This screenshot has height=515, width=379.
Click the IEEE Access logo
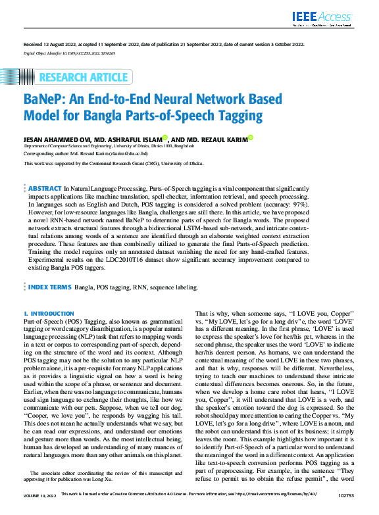tap(326, 18)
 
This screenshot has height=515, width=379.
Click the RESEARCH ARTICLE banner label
tap(84, 78)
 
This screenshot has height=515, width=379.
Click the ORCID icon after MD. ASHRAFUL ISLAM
tap(164, 138)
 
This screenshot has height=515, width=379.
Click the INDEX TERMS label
tap(49, 287)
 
